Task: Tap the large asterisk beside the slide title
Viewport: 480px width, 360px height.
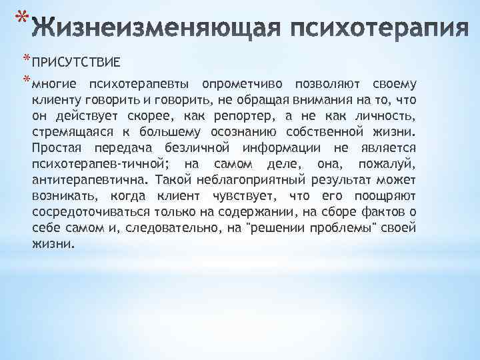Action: pyautogui.click(x=22, y=17)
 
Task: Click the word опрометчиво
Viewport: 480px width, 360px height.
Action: pyautogui.click(x=247, y=84)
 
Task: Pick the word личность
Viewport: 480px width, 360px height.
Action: pyautogui.click(x=387, y=116)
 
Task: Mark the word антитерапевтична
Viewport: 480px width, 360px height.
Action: pyautogui.click(x=89, y=180)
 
